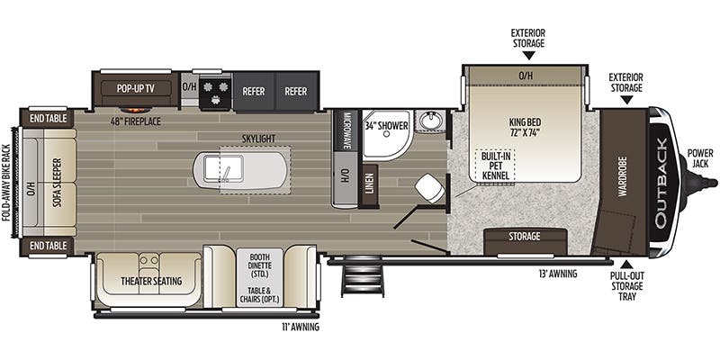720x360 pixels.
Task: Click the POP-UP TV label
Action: (136, 88)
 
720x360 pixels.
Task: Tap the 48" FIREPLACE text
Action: (136, 121)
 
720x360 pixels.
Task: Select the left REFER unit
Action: (254, 92)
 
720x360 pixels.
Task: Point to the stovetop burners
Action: (215, 92)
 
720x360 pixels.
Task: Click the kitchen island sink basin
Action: (223, 168)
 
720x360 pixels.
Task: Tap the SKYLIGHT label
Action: (260, 139)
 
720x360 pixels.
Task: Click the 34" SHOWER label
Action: (387, 125)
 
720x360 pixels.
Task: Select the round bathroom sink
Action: (431, 121)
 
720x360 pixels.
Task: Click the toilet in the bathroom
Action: (430, 188)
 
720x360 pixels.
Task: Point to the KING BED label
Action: (525, 128)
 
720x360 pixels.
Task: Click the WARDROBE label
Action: (622, 176)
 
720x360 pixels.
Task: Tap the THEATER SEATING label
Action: (151, 281)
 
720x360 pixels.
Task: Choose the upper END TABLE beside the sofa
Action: (48, 119)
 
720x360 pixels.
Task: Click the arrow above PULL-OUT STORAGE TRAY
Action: (626, 265)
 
